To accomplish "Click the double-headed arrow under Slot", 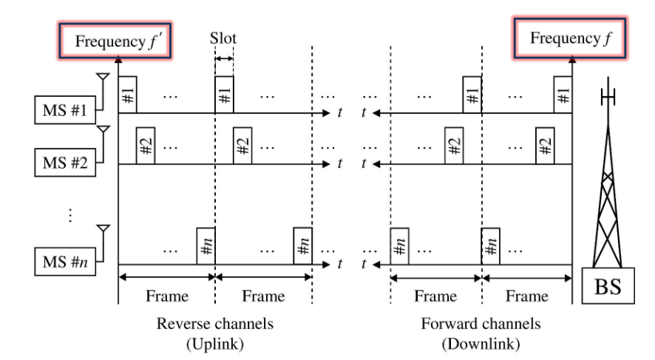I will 225,60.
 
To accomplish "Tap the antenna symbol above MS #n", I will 104,229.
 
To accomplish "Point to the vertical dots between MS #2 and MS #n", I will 71,215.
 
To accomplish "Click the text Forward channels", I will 481,324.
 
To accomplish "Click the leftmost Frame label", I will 167,296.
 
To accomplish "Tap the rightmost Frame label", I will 528,296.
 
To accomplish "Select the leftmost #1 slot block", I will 128,95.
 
